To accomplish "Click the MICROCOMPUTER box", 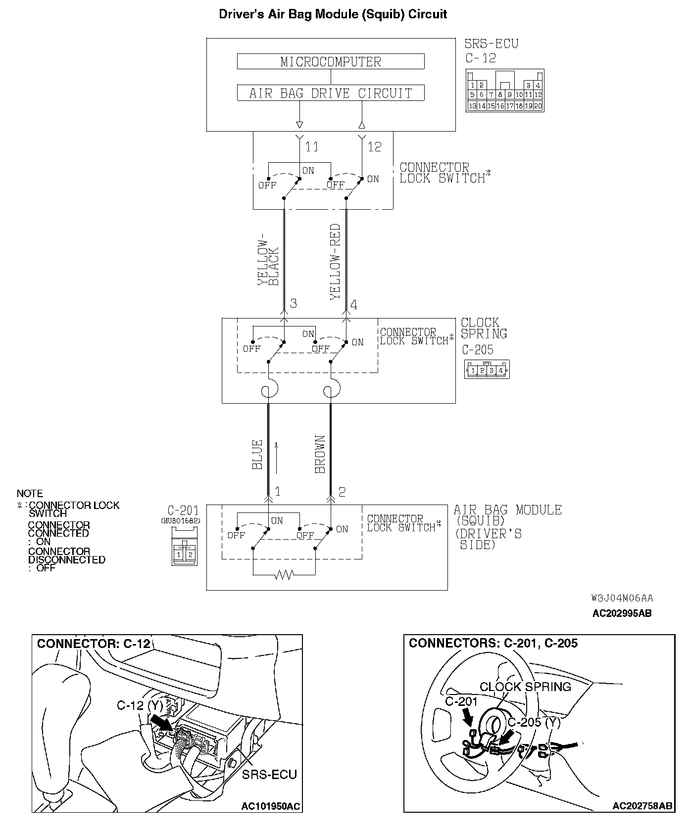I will [331, 62].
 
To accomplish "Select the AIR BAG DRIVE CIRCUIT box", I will [331, 93].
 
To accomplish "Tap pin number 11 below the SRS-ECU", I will [311, 147].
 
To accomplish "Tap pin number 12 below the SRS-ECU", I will [374, 147].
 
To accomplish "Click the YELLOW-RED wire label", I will [336, 261].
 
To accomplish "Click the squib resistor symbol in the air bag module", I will [284, 575].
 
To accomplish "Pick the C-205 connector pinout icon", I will [487, 370].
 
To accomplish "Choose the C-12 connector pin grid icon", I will [505, 91].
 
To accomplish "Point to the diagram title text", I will [333, 14].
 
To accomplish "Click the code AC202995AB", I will [622, 613].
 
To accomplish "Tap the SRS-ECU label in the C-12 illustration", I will [269, 774].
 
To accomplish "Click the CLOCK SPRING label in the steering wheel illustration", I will [525, 687].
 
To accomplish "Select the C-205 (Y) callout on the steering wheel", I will [534, 722].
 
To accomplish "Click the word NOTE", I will [30, 493].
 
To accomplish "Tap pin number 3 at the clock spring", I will [294, 303].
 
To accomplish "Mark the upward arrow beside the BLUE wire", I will [277, 458].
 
